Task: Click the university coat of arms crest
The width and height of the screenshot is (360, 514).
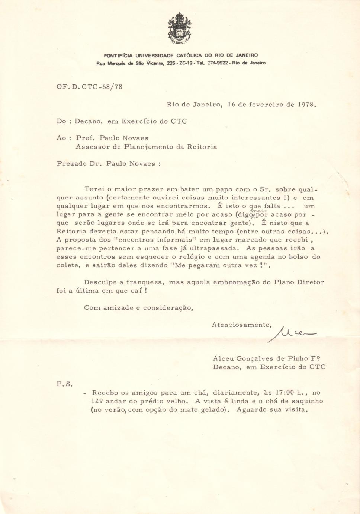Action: [x=179, y=28]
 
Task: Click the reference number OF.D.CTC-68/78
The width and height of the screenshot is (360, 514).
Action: [x=89, y=87]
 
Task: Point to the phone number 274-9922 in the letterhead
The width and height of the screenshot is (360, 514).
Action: [x=217, y=63]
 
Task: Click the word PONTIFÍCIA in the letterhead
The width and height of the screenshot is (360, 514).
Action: [x=118, y=55]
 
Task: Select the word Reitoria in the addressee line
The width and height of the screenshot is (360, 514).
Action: [x=202, y=147]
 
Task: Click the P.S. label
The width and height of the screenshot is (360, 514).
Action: [x=64, y=384]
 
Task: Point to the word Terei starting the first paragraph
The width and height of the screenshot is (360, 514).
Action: [x=94, y=189]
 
